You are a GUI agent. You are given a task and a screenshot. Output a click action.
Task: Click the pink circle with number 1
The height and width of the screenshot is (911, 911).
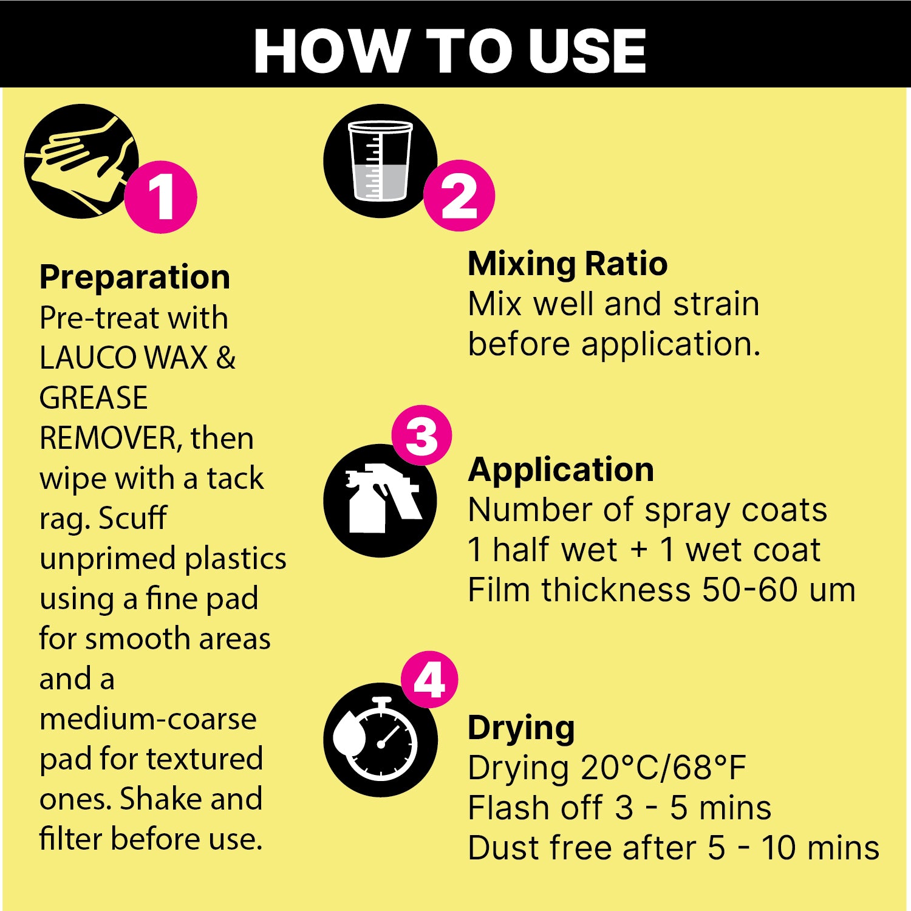161,197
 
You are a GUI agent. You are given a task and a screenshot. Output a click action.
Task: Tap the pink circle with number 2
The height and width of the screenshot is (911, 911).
459,196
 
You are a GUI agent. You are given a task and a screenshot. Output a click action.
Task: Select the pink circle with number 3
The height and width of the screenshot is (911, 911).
421,435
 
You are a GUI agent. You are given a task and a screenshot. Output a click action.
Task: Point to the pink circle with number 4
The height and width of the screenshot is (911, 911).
429,680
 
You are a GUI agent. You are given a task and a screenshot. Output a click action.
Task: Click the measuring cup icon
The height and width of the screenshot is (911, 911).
380,161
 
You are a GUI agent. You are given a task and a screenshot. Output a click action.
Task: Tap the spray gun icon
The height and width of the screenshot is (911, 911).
380,500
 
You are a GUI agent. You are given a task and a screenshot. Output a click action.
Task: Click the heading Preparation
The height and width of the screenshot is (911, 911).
135,278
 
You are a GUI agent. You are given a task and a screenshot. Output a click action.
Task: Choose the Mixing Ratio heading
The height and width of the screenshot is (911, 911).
568,264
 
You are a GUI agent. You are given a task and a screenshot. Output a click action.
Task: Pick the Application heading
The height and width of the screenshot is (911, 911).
561,469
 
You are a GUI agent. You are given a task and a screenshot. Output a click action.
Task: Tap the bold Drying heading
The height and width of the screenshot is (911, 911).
521,728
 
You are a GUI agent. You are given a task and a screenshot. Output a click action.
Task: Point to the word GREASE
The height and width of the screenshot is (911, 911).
94,398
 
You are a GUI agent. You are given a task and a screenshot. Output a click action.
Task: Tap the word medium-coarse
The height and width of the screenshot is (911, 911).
148,719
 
